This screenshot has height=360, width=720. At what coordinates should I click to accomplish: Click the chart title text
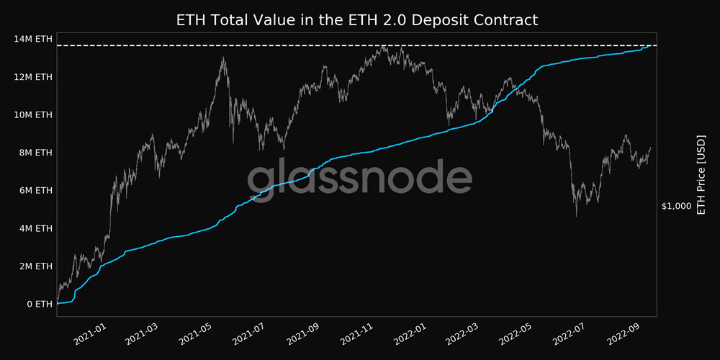coord(357,19)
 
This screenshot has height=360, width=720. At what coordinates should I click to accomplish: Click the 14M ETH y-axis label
coord(33,39)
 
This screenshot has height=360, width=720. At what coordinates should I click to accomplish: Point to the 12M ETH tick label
coord(33,77)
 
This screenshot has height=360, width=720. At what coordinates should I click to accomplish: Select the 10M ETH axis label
coord(33,114)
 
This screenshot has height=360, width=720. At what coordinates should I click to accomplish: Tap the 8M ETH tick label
coord(35,153)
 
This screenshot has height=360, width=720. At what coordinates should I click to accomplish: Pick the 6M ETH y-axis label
coord(35,190)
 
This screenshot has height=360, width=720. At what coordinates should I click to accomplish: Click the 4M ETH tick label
coord(35,228)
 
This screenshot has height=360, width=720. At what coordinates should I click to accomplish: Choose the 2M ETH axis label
coord(35,266)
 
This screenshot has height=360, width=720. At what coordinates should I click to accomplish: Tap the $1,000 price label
coord(676,206)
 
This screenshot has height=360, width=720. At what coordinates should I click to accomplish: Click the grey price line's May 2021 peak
coord(224,58)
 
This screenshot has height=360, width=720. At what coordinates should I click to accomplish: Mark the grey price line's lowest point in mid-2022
coord(577,215)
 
